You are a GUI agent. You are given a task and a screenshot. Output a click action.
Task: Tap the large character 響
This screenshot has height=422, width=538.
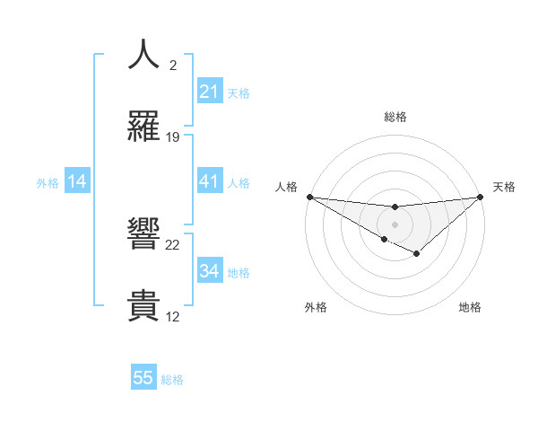pyautogui.click(x=143, y=235)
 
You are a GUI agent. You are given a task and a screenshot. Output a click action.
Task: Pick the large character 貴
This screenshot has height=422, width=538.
pyautogui.click(x=143, y=305)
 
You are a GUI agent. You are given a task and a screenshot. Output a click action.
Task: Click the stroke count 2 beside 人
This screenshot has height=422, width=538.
pyautogui.click(x=172, y=66)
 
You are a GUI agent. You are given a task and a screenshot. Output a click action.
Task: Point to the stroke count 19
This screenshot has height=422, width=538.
pyautogui.click(x=173, y=137)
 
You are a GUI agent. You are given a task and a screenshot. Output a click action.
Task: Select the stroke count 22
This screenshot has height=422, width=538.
pyautogui.click(x=173, y=244)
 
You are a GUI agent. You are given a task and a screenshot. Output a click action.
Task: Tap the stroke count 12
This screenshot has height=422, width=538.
pyautogui.click(x=173, y=316)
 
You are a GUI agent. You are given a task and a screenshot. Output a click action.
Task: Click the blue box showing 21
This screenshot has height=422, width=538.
pyautogui.click(x=210, y=92)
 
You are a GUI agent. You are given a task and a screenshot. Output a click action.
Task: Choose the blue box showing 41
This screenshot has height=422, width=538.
pyautogui.click(x=210, y=182)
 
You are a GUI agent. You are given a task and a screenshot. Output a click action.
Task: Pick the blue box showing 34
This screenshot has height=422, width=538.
pyautogui.click(x=210, y=272)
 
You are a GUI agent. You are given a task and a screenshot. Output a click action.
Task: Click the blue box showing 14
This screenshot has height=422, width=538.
pyautogui.click(x=77, y=182)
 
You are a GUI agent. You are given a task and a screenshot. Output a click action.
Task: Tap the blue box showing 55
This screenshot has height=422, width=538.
pyautogui.click(x=143, y=378)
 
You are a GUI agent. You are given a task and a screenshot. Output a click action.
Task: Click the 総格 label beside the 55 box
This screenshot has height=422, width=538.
pyautogui.click(x=172, y=380)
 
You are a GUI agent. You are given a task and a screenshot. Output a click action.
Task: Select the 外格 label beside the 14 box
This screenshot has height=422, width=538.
pyautogui.click(x=48, y=183)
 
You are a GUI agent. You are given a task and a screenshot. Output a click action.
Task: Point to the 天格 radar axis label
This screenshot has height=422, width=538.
pyautogui.click(x=504, y=187)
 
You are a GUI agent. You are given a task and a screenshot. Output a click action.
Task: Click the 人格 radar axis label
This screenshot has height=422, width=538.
pyautogui.click(x=286, y=187)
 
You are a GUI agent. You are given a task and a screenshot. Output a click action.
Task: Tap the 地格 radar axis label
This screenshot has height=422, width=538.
pyautogui.click(x=470, y=308)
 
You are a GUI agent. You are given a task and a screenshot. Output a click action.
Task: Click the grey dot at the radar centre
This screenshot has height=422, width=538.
pyautogui.click(x=395, y=224)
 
